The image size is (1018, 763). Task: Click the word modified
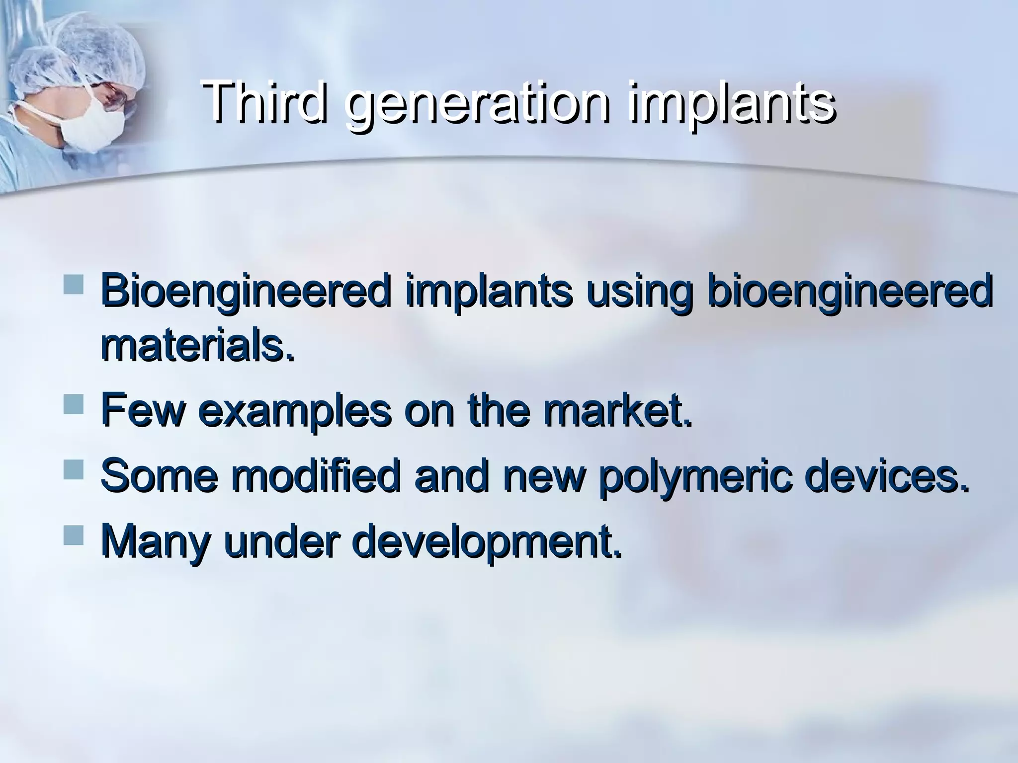315,475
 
